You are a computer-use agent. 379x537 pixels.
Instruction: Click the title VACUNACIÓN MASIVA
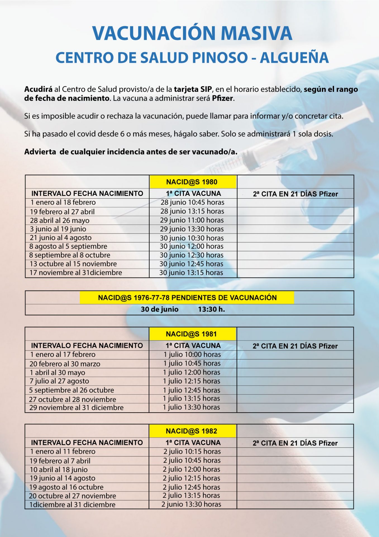[192, 33]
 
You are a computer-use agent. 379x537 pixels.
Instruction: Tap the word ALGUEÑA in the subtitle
[294, 58]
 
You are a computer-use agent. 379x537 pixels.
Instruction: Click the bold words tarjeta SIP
[193, 89]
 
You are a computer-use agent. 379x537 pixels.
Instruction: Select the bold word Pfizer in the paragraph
[222, 98]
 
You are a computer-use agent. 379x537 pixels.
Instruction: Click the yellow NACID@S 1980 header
[192, 182]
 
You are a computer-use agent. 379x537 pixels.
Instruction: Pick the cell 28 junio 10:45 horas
[192, 202]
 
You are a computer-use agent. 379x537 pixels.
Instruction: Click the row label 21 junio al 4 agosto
[61, 238]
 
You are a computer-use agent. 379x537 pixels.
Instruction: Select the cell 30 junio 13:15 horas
[191, 272]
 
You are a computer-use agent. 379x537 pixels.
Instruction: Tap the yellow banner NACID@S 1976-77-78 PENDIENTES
[187, 298]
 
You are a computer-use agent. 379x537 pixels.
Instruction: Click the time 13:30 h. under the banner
[211, 309]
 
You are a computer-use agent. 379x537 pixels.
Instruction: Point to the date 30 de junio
[159, 309]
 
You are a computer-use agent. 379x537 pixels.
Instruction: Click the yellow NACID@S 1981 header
[191, 334]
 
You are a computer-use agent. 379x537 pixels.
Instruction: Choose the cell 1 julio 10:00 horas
[192, 354]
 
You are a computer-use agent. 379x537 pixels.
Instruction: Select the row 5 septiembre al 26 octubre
[71, 390]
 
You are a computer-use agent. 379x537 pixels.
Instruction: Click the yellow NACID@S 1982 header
[191, 431]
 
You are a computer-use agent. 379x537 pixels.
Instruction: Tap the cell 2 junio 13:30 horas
[191, 504]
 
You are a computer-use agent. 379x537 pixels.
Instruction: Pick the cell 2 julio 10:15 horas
[192, 451]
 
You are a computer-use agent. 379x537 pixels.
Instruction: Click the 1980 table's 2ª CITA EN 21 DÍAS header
[295, 194]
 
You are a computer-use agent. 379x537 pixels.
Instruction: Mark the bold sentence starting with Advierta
[131, 152]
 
